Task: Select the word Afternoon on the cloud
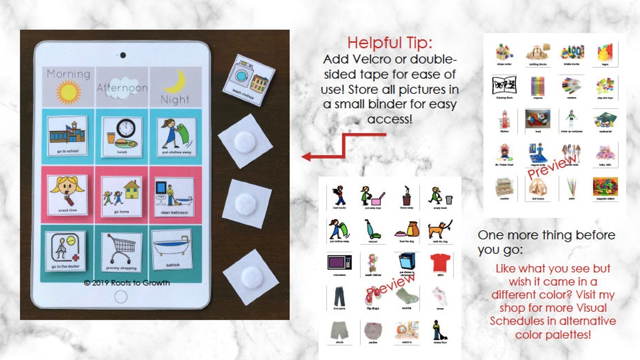click(x=122, y=88)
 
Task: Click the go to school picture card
click(x=68, y=135)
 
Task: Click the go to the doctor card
click(x=65, y=251)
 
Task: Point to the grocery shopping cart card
click(x=121, y=251)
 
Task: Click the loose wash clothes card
click(x=248, y=80)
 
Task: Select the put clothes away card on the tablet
click(x=175, y=135)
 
